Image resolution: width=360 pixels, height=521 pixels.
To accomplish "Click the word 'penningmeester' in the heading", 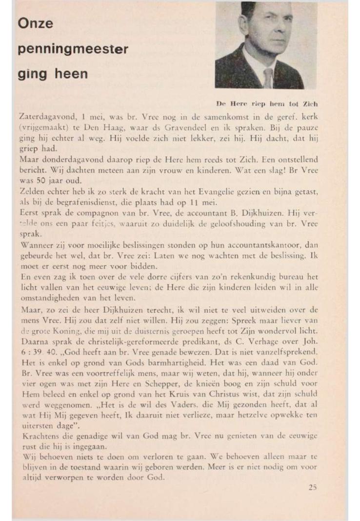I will [73, 49].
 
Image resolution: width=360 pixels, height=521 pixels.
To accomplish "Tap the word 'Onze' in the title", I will [35, 24].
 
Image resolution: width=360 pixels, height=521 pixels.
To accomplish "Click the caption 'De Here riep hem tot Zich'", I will [267, 103].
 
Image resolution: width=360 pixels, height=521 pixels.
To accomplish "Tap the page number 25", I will [313, 486].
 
